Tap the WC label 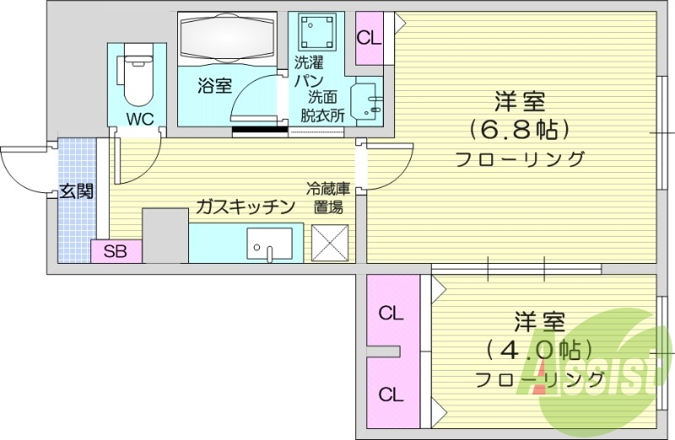coord(140,119)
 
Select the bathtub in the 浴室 coord(227,39)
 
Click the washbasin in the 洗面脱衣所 coord(368,104)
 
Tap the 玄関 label coord(76,190)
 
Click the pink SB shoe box coord(116,250)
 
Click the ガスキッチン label coord(245,207)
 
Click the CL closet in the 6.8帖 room coord(370,39)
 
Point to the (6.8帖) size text coord(519,130)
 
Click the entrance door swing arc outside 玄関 coord(25,169)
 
